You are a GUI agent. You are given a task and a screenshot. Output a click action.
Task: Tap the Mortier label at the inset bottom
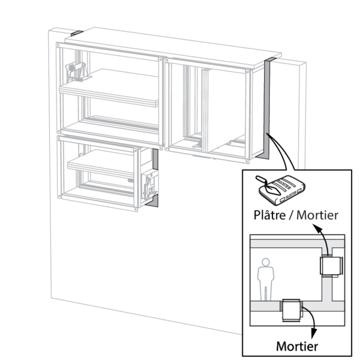[297, 347]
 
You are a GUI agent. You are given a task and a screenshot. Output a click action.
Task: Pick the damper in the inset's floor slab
[292, 311]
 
